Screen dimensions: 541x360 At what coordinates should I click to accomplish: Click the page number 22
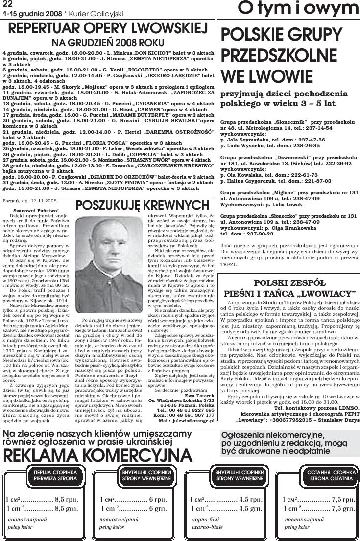(7, 4)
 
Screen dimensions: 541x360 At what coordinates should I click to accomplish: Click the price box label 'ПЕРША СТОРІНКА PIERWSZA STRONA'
(48, 474)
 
